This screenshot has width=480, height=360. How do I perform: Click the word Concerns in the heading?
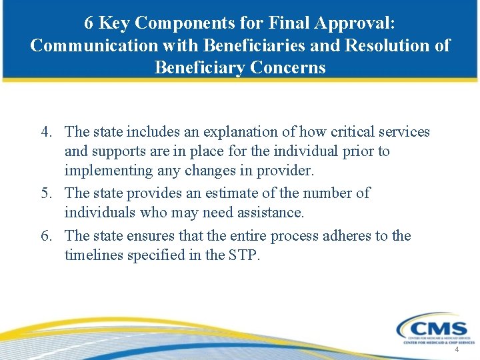(289, 67)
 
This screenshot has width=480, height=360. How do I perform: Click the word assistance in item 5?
(269, 213)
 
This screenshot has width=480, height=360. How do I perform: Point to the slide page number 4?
(457, 350)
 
